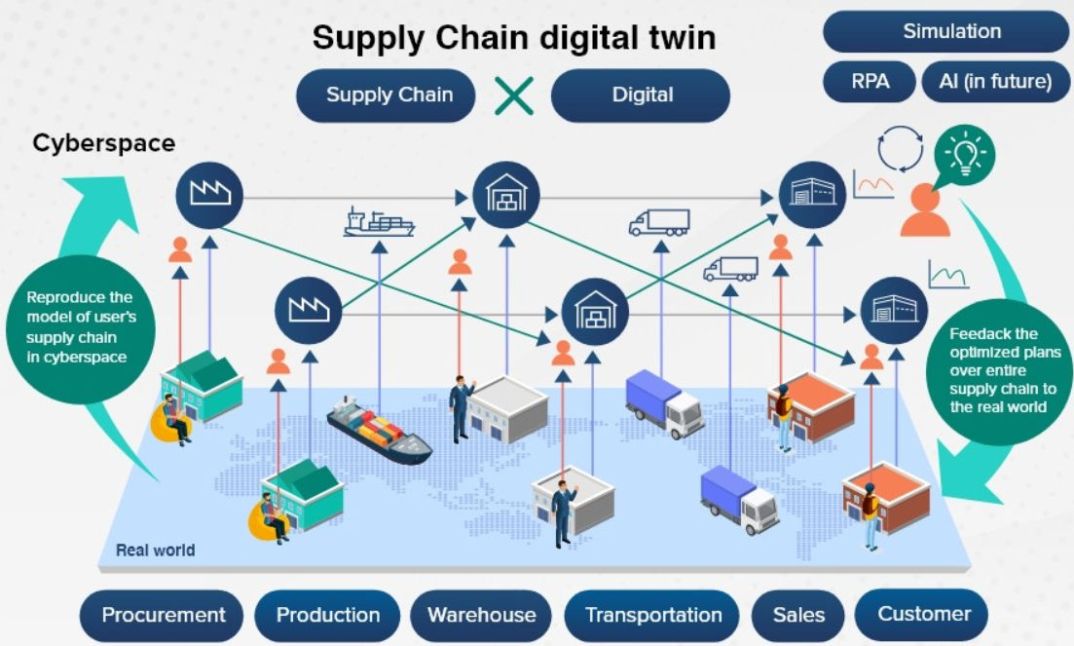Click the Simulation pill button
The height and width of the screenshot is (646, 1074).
[945, 31]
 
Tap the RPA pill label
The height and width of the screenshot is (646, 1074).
[870, 82]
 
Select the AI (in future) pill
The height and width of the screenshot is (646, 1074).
[995, 82]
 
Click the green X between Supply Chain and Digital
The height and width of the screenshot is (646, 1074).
[514, 95]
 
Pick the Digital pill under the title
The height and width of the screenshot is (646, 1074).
[641, 95]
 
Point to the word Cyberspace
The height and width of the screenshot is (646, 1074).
[104, 143]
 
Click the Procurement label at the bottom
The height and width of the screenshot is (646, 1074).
[163, 615]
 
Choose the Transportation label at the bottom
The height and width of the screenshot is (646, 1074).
[652, 615]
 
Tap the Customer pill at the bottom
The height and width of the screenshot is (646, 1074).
[922, 614]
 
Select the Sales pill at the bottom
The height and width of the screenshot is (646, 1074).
[798, 615]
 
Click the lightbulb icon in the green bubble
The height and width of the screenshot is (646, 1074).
[964, 154]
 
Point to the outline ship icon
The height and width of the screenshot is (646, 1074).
[379, 222]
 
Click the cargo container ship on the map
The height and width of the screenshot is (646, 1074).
[379, 431]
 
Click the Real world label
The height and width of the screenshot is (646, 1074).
[156, 551]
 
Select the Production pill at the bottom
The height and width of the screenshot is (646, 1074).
[327, 615]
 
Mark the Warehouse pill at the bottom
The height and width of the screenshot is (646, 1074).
[482, 615]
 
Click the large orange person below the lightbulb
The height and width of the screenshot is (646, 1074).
[925, 211]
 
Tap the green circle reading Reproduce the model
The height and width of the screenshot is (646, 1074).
[81, 327]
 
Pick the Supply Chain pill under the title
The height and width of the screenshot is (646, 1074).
[386, 95]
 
